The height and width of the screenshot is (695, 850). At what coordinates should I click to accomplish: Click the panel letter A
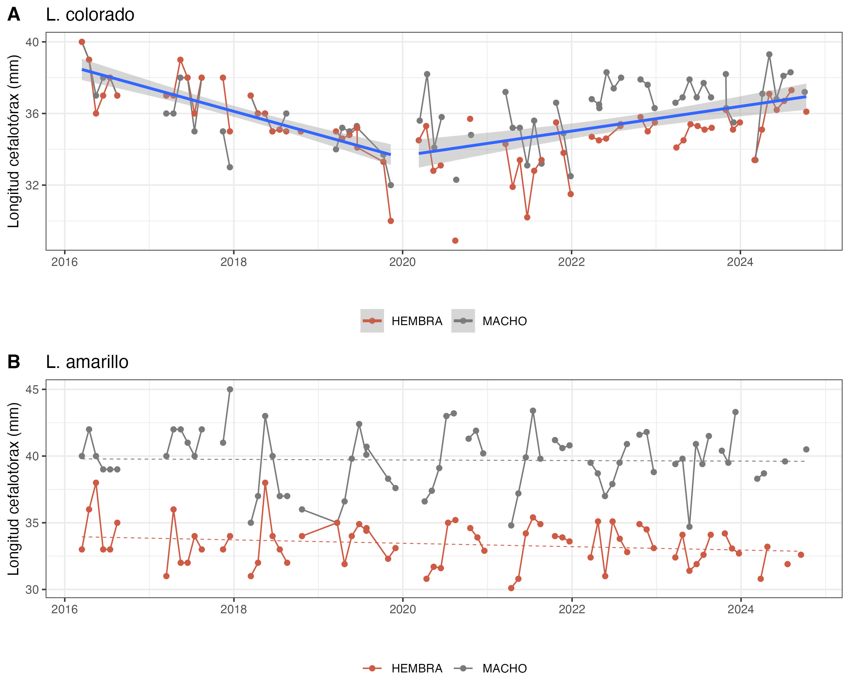click(14, 15)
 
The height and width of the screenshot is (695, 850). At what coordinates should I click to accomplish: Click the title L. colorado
click(90, 15)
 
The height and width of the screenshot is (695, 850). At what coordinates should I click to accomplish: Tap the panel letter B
click(14, 362)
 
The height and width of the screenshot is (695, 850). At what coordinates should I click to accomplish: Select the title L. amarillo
click(87, 362)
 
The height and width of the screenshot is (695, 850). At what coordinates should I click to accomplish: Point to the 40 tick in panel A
click(32, 42)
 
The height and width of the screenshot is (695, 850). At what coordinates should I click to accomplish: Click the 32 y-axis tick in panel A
click(32, 185)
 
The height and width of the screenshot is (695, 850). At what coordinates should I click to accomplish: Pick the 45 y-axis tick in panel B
click(32, 390)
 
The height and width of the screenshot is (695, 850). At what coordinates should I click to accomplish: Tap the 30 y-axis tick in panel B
click(32, 590)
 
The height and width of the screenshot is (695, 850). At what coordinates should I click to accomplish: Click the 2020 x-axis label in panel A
click(402, 262)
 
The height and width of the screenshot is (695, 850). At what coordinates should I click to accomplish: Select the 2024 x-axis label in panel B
click(740, 609)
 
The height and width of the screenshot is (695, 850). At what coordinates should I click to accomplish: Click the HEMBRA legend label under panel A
click(417, 321)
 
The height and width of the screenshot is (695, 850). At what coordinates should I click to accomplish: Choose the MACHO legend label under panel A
click(505, 321)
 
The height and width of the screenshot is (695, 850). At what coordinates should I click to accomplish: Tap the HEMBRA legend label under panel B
click(417, 668)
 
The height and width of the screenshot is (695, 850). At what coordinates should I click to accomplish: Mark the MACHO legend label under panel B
click(505, 668)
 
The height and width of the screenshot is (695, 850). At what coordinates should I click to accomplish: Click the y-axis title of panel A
click(14, 141)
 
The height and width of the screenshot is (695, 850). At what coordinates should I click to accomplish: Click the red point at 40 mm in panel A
click(82, 42)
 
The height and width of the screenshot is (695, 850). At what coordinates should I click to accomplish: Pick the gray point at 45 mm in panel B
click(230, 390)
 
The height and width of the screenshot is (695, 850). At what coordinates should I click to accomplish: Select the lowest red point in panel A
click(455, 241)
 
